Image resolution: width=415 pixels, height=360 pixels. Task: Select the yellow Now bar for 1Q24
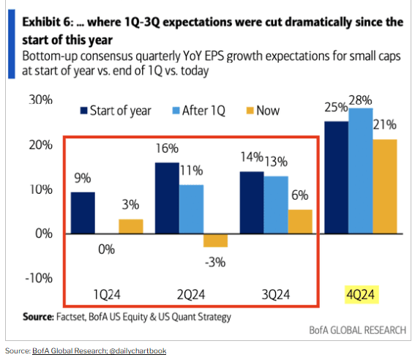tap(130, 226)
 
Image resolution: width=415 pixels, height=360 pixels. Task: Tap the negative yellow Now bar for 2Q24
tap(215, 240)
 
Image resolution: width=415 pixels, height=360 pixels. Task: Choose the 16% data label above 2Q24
tap(168, 148)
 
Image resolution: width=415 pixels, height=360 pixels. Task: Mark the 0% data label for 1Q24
tap(107, 250)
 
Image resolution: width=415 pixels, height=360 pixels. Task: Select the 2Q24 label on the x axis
tap(192, 296)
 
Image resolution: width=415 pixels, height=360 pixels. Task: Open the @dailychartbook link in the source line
tap(138, 350)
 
